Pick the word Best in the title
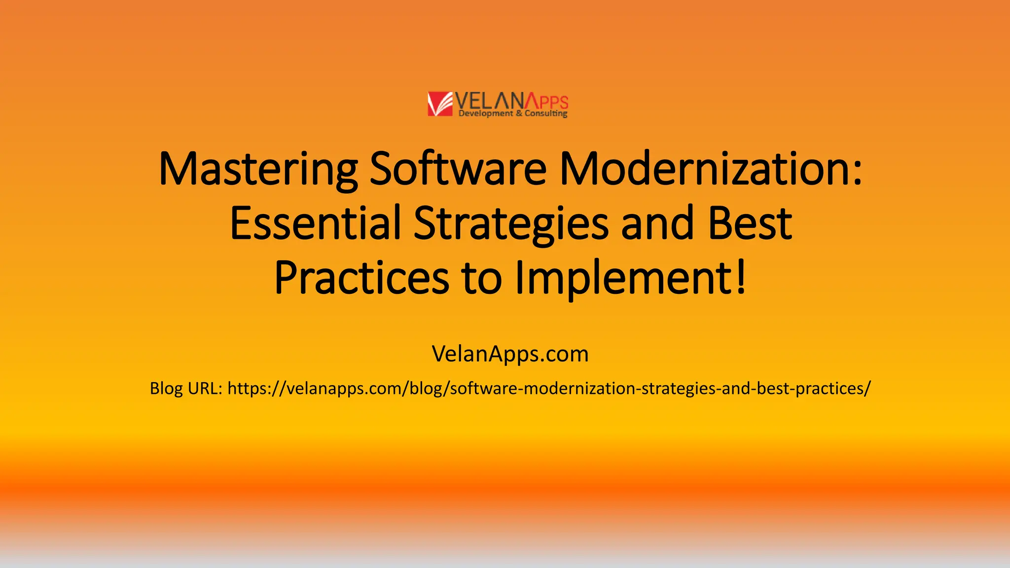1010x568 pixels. click(x=750, y=223)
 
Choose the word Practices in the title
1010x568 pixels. click(x=361, y=278)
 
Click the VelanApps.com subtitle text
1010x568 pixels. click(x=510, y=354)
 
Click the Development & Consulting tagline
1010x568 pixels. click(x=513, y=113)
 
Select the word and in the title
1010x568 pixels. click(x=657, y=223)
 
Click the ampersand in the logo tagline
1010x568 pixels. click(x=519, y=113)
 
